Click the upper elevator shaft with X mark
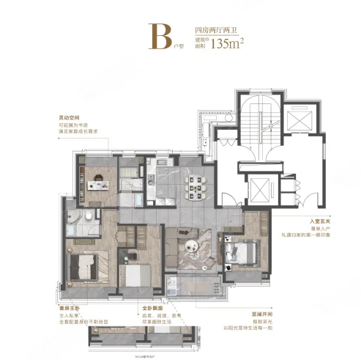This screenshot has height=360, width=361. (299, 122)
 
